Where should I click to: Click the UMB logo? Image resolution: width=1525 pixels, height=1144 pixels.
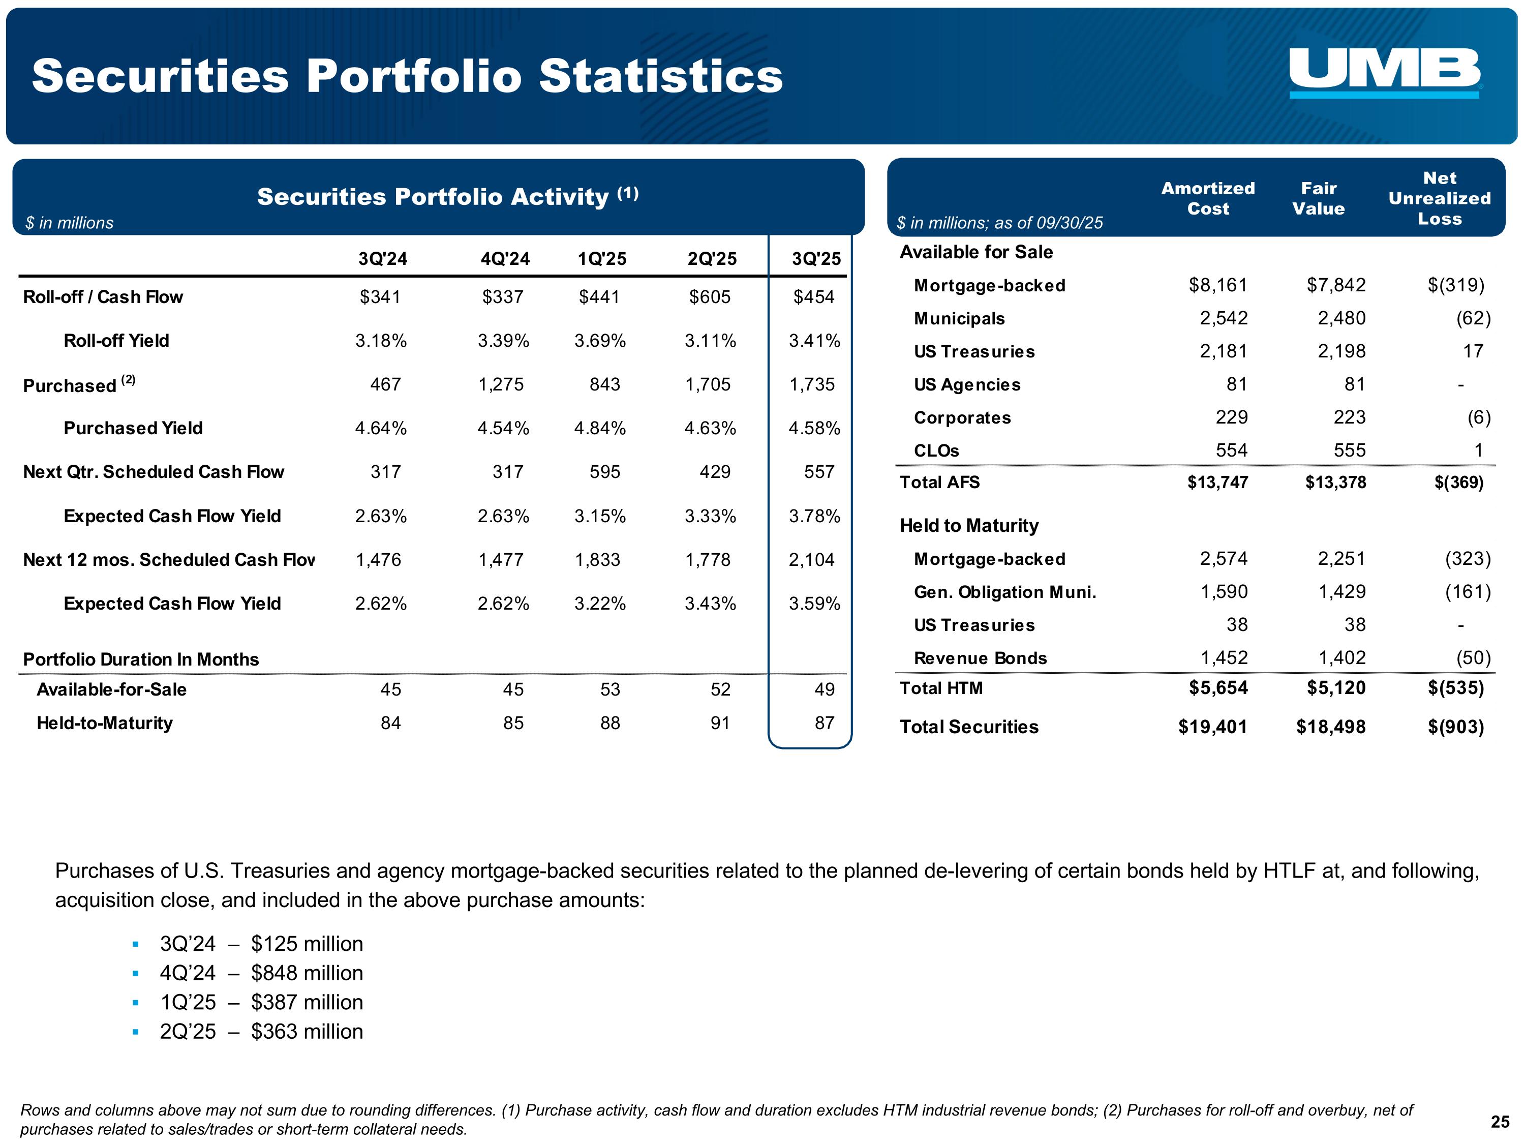1384,72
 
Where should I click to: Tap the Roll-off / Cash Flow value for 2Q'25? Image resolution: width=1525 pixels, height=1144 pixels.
710,296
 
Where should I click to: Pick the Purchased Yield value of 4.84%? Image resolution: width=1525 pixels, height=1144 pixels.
600,428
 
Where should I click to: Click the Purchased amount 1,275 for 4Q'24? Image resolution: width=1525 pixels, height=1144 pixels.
501,384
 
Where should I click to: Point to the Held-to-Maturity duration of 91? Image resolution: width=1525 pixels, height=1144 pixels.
720,722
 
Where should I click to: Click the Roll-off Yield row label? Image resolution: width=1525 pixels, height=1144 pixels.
116,341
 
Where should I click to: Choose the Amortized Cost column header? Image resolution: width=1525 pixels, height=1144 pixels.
1208,199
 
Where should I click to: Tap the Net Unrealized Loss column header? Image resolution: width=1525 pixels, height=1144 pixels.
1440,199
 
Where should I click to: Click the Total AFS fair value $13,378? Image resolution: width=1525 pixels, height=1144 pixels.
1335,482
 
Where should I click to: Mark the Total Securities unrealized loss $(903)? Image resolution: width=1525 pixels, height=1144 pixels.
1455,727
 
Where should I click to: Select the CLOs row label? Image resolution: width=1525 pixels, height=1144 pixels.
936,450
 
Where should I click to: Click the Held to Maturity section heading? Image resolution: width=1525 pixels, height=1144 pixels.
969,525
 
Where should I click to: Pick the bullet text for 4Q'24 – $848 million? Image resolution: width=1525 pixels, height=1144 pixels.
261,973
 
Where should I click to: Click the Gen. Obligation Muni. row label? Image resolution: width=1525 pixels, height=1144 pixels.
1004,592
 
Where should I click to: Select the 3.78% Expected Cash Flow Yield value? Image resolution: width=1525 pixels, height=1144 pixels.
814,516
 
